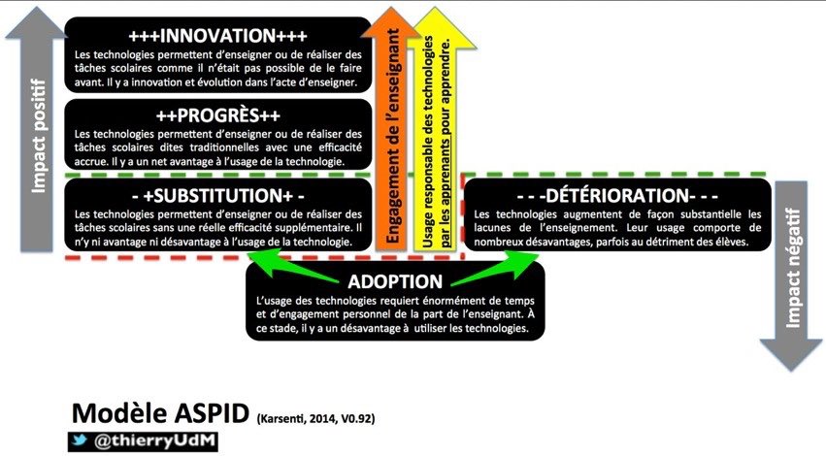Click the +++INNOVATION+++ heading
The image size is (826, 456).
click(217, 36)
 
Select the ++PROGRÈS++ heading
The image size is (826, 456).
click(217, 115)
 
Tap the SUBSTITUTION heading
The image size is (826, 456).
click(217, 196)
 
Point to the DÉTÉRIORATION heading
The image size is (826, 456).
click(617, 196)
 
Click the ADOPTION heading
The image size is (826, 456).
click(395, 281)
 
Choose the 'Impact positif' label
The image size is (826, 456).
click(39, 136)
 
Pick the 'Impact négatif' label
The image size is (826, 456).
click(792, 268)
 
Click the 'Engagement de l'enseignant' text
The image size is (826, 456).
click(393, 135)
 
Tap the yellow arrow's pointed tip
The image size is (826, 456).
click(436, 8)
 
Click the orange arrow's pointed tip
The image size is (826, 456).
click(390, 8)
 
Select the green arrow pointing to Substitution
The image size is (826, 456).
click(293, 266)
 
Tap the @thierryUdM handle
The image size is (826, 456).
click(154, 441)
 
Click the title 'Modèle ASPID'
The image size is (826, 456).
click(160, 413)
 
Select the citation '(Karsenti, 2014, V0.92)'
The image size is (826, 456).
click(316, 419)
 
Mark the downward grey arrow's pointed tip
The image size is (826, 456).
click(791, 371)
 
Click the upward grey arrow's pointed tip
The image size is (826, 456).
click(36, 8)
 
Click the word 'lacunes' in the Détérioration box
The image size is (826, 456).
click(492, 228)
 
